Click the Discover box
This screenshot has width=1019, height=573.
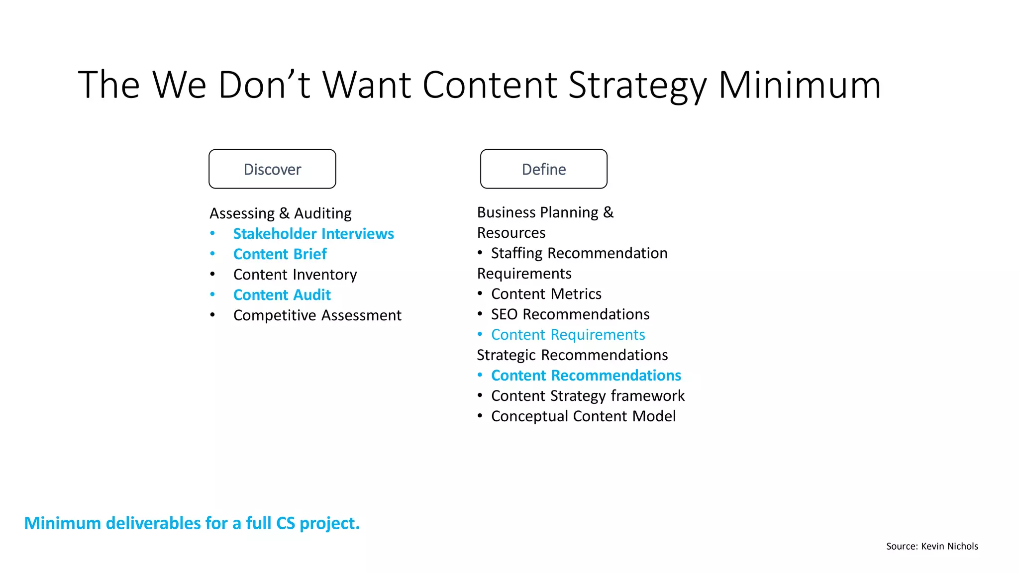[x=272, y=169]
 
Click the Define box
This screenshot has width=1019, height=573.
[x=543, y=169]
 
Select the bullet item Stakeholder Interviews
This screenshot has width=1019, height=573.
[x=313, y=234]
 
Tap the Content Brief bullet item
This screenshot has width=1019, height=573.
[x=280, y=254]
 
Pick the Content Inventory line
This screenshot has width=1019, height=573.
[x=295, y=275]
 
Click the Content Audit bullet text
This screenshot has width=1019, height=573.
[x=282, y=295]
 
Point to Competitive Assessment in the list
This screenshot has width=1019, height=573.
[x=317, y=315]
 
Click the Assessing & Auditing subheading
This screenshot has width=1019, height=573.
[x=280, y=213]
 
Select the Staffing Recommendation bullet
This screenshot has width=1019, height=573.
[x=579, y=253]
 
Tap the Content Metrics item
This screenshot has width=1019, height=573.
[x=546, y=294]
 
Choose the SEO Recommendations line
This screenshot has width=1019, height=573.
[x=570, y=314]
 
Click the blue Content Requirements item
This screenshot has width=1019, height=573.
[x=568, y=335]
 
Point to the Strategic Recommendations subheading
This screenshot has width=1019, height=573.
[x=572, y=355]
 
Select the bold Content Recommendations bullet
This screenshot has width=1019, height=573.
[x=586, y=376]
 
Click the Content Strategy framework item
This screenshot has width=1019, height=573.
[x=588, y=396]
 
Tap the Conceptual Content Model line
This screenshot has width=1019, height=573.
[x=583, y=416]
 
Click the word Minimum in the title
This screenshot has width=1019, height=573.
[x=799, y=85]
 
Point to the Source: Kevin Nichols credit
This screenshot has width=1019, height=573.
[x=931, y=546]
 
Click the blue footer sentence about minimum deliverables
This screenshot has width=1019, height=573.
[x=192, y=523]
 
